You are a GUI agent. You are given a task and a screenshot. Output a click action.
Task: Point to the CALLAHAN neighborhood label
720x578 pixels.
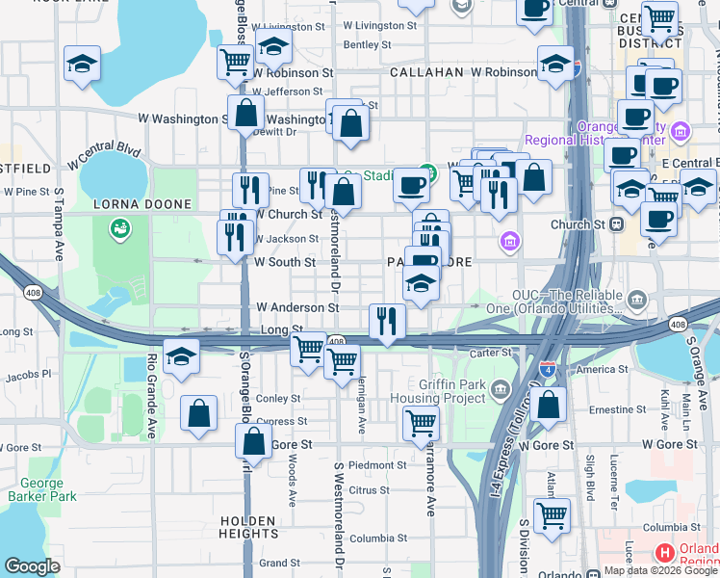(426, 72)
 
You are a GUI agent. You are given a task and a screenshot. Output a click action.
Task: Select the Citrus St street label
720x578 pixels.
(368, 490)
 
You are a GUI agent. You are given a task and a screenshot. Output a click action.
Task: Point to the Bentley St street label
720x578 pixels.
(367, 44)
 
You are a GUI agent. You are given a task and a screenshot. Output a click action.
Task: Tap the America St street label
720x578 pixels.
(603, 370)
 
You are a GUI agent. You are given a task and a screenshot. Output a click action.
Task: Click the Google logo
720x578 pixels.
(32, 566)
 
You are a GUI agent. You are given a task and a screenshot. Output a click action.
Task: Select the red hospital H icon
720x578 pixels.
(664, 553)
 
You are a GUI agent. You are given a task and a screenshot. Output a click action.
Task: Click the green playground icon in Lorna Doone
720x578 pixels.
(120, 228)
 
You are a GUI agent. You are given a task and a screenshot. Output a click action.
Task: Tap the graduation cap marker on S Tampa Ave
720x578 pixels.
(82, 65)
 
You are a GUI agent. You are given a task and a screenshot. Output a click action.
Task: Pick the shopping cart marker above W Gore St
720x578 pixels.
(421, 422)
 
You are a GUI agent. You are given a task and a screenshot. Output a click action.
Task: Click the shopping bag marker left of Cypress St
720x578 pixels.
(198, 414)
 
